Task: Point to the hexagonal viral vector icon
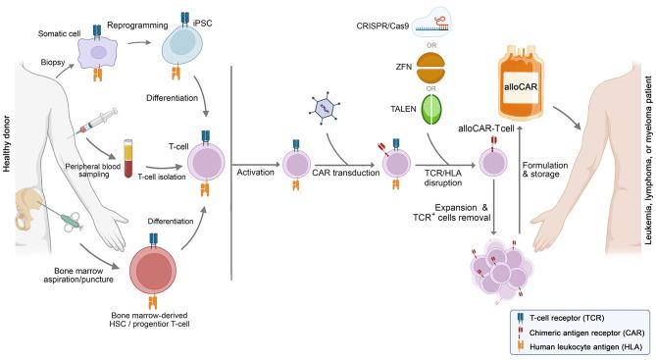328,112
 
